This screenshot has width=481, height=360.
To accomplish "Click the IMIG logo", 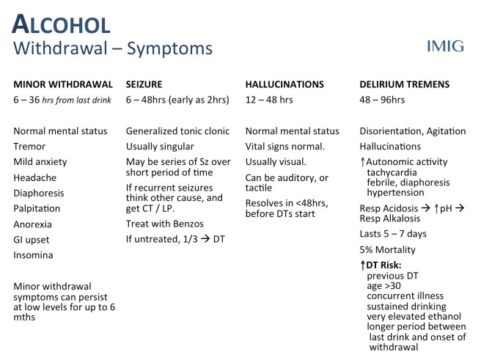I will pyautogui.click(x=445, y=46).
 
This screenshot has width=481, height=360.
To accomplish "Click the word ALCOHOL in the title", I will pyautogui.click(x=61, y=24).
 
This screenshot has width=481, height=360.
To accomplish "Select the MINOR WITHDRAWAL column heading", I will pyautogui.click(x=63, y=84).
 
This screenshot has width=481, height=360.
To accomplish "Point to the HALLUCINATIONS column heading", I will pyautogui.click(x=284, y=84).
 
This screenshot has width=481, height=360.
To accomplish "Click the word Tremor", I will pyautogui.click(x=30, y=146).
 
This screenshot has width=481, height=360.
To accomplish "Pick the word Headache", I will pyautogui.click(x=35, y=177).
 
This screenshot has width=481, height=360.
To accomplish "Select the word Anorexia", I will pyautogui.click(x=34, y=224).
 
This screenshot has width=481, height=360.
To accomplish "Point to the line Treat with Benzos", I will pyautogui.click(x=164, y=223).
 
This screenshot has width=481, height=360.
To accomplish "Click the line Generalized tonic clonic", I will pyautogui.click(x=178, y=131).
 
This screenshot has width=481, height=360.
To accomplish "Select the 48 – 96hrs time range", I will pyautogui.click(x=382, y=99).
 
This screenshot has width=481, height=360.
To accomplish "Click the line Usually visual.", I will pyautogui.click(x=276, y=161).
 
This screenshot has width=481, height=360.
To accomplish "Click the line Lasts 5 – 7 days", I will pyautogui.click(x=393, y=233).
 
